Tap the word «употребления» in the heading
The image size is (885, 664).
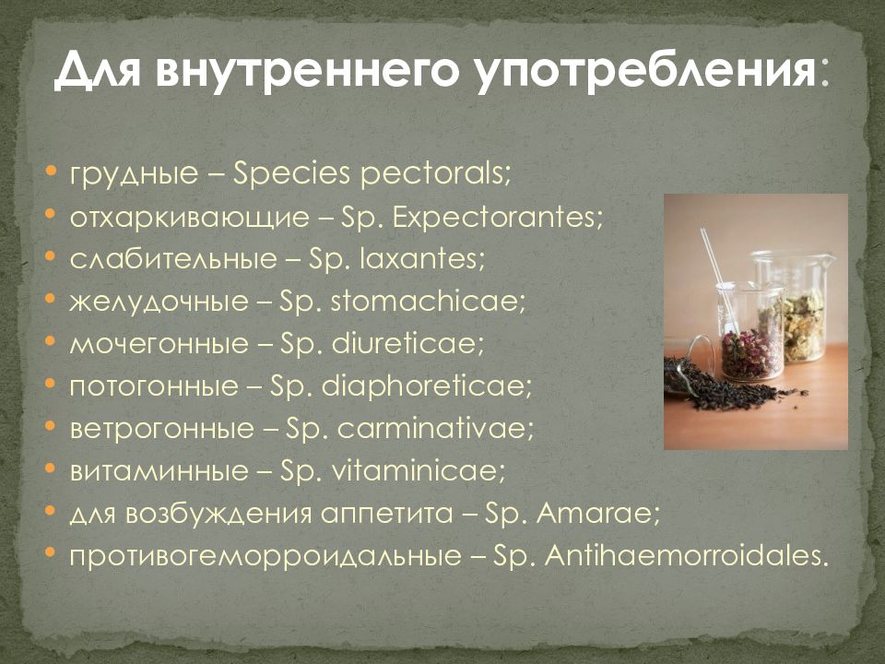644,71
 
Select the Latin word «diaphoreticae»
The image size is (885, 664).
427,385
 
